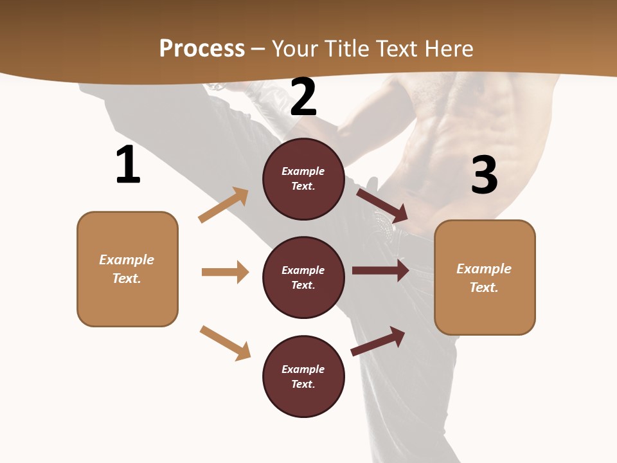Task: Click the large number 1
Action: (128, 165)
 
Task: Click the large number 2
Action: (303, 97)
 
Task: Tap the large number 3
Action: (484, 175)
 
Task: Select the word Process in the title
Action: (202, 49)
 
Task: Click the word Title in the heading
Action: (346, 49)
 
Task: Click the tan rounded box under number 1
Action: (127, 269)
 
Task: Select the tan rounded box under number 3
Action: (485, 277)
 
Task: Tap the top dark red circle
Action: (303, 179)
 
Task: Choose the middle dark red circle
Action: (303, 277)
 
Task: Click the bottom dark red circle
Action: (303, 376)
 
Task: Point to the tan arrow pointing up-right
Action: (224, 204)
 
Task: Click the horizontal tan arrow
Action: (225, 272)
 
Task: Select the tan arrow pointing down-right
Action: (225, 343)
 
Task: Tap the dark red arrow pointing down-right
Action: (382, 204)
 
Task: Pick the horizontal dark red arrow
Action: (380, 270)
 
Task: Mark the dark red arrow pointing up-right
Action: (378, 341)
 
